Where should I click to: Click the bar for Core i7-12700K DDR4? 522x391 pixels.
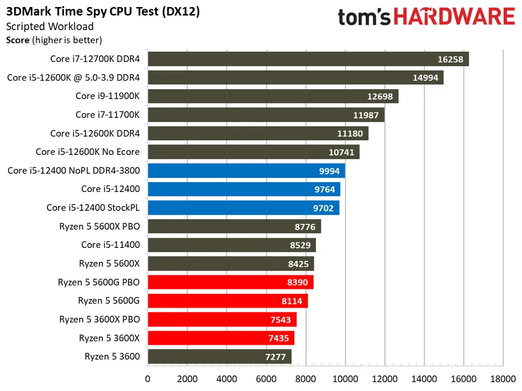click(x=308, y=59)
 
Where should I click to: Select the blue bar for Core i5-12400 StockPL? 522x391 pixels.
click(x=244, y=208)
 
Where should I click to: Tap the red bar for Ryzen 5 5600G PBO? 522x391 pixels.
click(x=231, y=282)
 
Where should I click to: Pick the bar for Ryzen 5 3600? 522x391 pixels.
click(x=220, y=357)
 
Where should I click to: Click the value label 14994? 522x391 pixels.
click(x=426, y=78)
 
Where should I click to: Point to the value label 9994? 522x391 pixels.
click(x=329, y=171)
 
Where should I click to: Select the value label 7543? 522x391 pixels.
click(x=280, y=320)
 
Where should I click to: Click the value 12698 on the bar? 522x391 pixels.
click(x=380, y=96)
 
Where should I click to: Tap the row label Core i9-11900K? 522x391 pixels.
click(x=108, y=96)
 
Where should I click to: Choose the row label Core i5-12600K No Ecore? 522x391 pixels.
click(x=88, y=152)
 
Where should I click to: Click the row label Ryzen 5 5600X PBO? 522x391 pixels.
click(x=100, y=226)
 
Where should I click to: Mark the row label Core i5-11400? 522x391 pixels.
click(x=110, y=245)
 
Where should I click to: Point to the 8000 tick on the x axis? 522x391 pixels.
click(x=306, y=379)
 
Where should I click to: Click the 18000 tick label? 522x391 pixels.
click(x=503, y=379)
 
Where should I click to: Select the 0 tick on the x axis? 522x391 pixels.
click(x=148, y=379)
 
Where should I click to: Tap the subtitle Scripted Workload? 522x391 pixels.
click(x=50, y=26)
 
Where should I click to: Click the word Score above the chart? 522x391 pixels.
click(x=18, y=40)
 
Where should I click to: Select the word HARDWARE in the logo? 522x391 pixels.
click(x=454, y=17)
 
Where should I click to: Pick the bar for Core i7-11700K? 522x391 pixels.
click(x=266, y=115)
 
